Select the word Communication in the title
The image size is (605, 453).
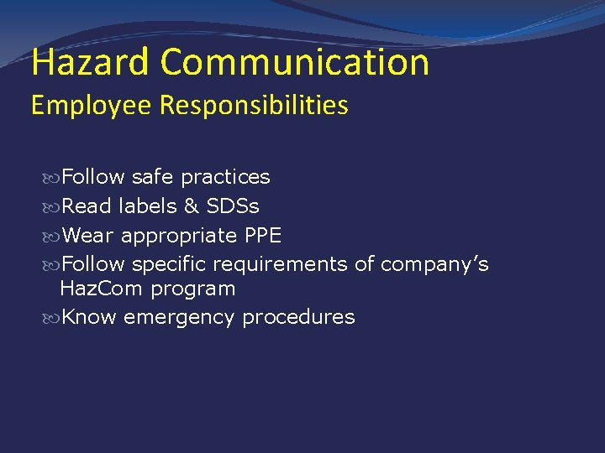(x=295, y=62)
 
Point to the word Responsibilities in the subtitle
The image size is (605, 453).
(x=253, y=106)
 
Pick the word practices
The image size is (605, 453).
(x=225, y=177)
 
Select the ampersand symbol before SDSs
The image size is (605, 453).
(x=192, y=206)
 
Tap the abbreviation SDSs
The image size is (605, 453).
(x=233, y=206)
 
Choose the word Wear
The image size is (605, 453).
(x=89, y=236)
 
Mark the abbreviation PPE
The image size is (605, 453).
(x=262, y=236)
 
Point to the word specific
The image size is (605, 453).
(x=169, y=265)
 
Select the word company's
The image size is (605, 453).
(x=434, y=265)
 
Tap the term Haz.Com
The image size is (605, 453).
(x=103, y=289)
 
